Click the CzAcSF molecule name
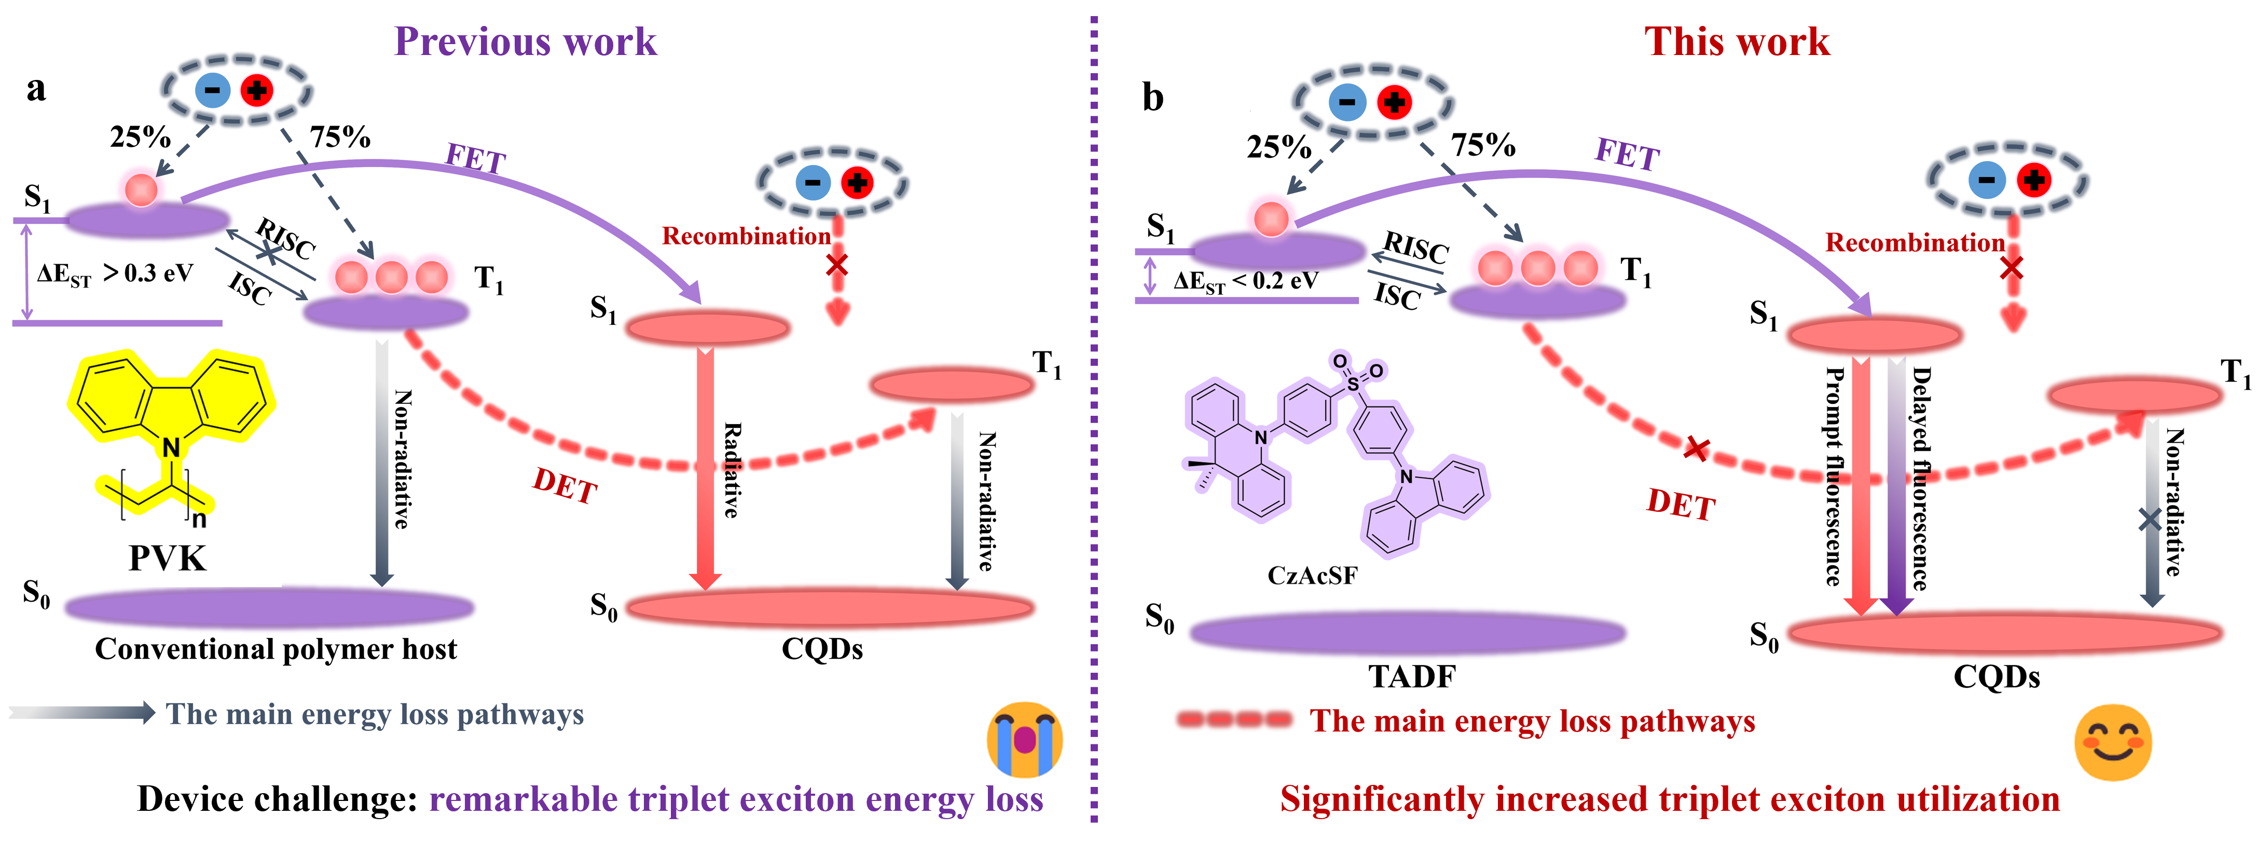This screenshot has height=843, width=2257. (1312, 576)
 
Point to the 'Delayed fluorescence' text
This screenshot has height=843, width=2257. (1921, 478)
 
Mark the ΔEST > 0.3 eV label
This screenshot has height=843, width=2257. (115, 274)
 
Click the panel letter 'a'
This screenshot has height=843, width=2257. (36, 89)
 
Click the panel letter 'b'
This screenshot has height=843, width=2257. (1153, 97)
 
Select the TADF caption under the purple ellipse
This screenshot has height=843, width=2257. (1411, 676)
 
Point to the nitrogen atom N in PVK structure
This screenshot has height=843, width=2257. (171, 448)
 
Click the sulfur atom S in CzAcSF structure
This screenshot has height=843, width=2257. (1354, 384)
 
